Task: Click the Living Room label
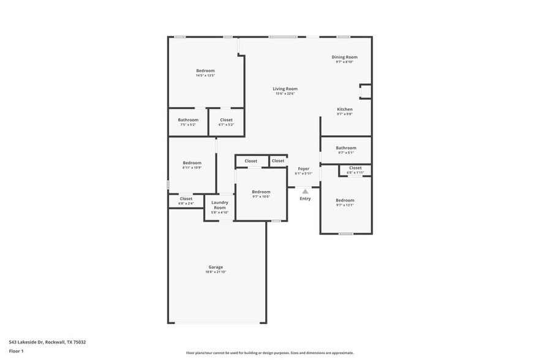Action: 285,89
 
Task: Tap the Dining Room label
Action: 344,57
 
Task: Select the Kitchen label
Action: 345,109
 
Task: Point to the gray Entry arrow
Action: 305,192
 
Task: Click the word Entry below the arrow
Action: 305,198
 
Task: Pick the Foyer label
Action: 303,168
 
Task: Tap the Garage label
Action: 216,267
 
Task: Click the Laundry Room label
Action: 219,204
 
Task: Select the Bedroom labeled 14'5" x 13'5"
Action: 205,70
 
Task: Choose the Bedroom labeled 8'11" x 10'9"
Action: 192,162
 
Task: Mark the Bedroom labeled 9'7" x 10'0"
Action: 261,192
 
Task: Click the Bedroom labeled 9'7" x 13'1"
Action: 344,200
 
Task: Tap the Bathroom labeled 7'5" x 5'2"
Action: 188,119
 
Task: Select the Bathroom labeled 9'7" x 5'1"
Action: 345,148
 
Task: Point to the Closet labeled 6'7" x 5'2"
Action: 226,119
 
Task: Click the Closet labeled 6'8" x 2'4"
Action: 186,198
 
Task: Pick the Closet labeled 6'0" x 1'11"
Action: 355,168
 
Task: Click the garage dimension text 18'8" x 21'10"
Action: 216,272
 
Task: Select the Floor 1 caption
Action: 16,351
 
